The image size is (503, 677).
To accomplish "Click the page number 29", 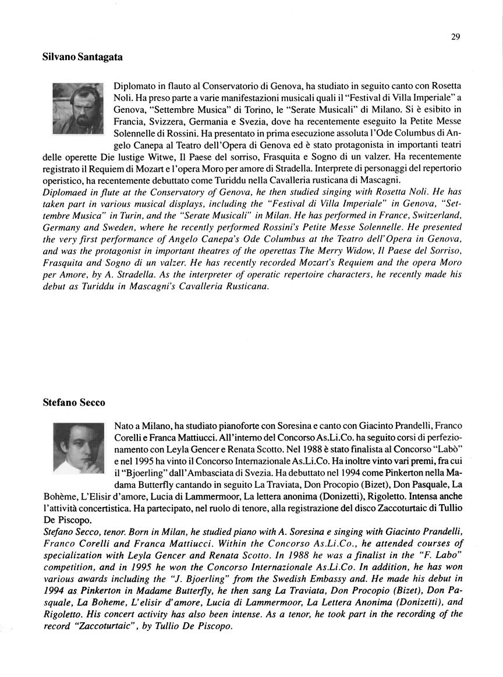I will [x=455, y=37].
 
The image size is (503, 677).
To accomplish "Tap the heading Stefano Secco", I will [x=74, y=402].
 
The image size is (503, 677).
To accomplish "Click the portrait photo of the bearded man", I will [x=77, y=108].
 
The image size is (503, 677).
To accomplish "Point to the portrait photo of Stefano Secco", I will [x=77, y=448].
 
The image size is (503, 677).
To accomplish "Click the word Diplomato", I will [x=133, y=86].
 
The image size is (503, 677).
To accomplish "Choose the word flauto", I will [x=172, y=86].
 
